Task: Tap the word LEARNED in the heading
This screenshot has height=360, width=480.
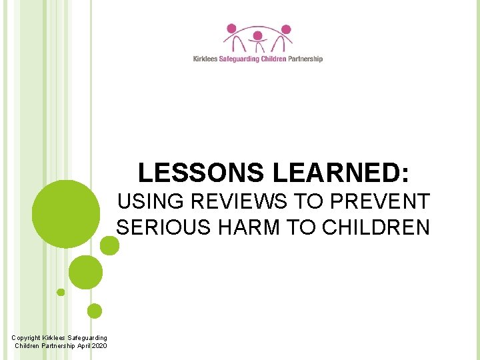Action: (339, 173)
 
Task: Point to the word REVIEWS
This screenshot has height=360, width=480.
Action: (235, 201)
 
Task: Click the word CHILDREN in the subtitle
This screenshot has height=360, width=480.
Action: (376, 227)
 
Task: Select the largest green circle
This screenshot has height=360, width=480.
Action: (66, 214)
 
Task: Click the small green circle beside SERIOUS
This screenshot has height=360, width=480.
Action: (109, 246)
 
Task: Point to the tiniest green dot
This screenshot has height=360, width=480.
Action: (61, 292)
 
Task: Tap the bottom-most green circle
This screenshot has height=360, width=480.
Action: (95, 311)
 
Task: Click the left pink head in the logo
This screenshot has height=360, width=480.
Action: (231, 29)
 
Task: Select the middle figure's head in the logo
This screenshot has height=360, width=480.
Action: (257, 35)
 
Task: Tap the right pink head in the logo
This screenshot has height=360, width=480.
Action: (286, 29)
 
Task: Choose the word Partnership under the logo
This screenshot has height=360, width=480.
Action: (305, 59)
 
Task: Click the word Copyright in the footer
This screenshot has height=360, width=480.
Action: (27, 338)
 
